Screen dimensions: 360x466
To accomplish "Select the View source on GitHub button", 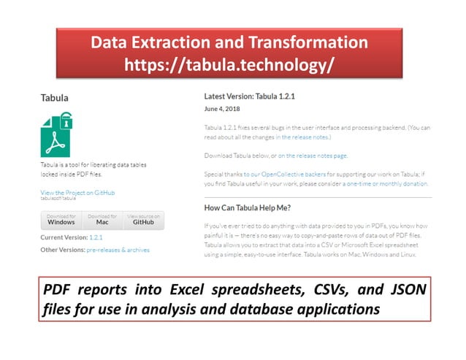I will pyautogui.click(x=143, y=220).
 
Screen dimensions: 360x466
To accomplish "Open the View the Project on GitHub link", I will pyautogui.click(x=77, y=192).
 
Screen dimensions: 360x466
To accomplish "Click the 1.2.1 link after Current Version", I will pyautogui.click(x=96, y=238).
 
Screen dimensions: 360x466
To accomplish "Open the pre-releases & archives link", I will pyautogui.click(x=118, y=250).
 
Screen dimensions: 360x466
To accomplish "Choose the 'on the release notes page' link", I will pyautogui.click(x=313, y=156).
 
